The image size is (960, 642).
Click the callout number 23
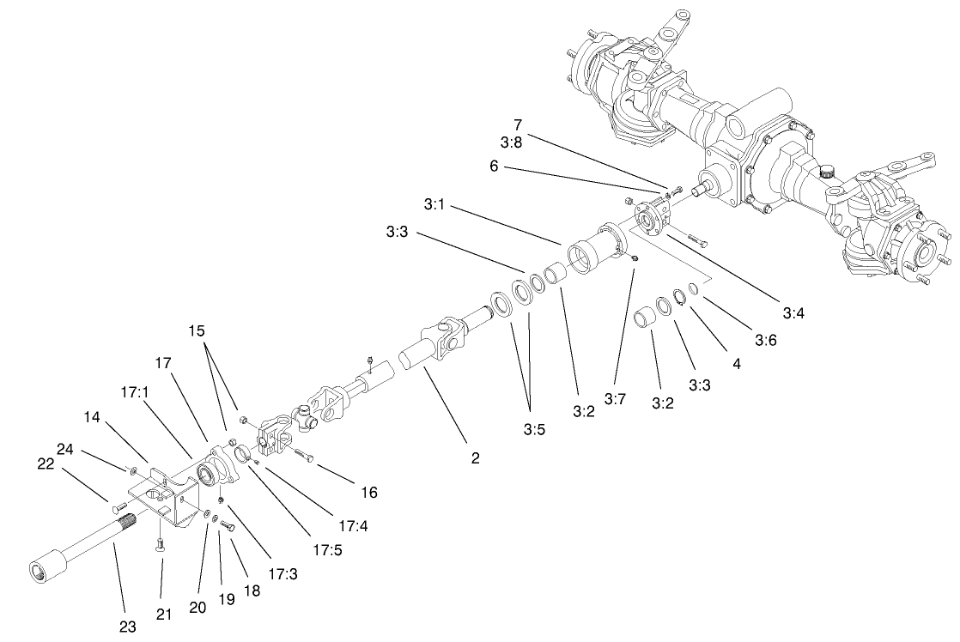click(x=127, y=627)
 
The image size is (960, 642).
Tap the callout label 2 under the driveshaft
click(x=475, y=458)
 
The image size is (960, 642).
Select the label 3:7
click(x=615, y=399)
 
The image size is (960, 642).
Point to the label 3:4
click(x=793, y=313)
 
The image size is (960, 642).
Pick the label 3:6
click(x=766, y=341)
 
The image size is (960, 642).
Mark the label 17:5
click(x=327, y=550)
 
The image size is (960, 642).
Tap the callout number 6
click(x=494, y=167)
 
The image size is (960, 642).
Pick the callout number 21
click(x=164, y=614)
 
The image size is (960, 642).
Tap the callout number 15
click(x=198, y=330)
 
